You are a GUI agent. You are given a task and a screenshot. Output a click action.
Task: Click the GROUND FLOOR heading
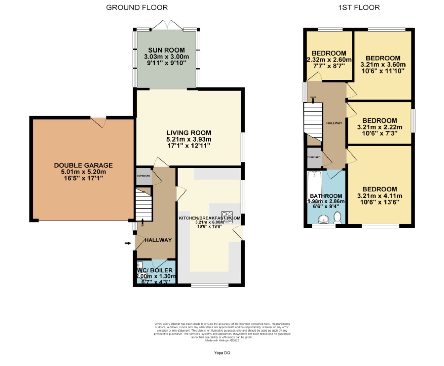137,8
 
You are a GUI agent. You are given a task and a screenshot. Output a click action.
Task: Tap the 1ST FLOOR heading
359,8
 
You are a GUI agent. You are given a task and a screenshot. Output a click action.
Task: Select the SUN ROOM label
166,50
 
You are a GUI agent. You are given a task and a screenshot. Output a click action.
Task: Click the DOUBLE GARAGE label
83,165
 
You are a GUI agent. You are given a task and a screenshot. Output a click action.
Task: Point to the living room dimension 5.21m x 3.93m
189,139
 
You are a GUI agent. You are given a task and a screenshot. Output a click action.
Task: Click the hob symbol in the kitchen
227,217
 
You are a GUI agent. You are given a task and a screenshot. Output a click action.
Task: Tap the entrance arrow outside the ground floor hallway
128,243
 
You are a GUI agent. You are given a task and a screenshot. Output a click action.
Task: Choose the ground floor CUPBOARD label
143,176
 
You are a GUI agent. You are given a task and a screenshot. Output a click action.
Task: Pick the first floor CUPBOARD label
314,157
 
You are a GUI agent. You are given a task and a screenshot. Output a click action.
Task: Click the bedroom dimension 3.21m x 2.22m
379,127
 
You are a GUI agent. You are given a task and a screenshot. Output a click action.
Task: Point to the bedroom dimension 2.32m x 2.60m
329,60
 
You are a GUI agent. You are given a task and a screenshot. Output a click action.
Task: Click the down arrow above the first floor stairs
313,101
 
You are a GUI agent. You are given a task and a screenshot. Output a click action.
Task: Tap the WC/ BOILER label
155,270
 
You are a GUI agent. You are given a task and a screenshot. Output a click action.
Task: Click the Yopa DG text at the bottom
222,353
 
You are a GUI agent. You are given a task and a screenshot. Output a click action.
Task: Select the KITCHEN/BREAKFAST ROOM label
209,218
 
